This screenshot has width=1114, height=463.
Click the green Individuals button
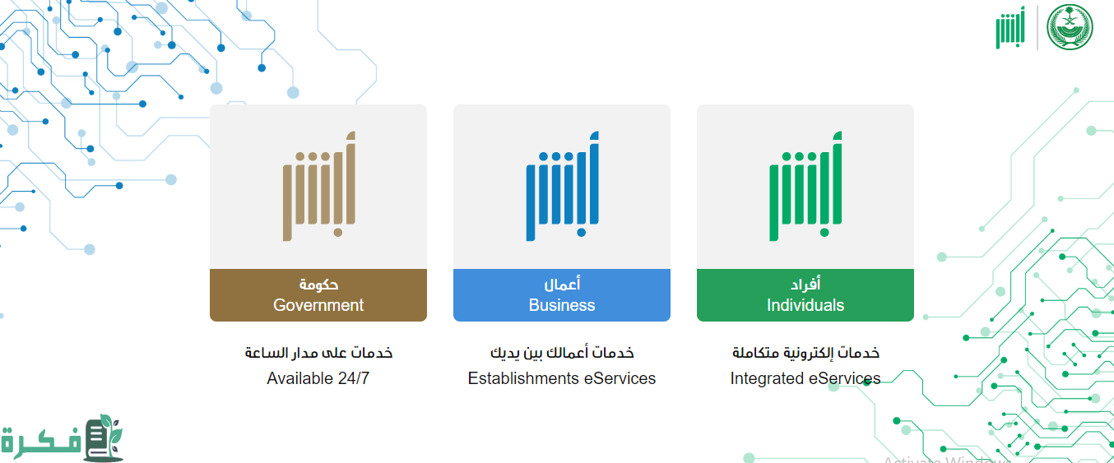[805, 295]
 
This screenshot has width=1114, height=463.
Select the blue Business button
[561, 295]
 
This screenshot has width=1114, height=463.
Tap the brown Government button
[318, 295]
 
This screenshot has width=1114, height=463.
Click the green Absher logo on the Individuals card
[805, 186]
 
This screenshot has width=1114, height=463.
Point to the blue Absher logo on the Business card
[563, 186]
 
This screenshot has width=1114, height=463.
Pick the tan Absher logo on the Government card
[319, 186]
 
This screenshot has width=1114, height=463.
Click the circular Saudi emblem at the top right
[1070, 27]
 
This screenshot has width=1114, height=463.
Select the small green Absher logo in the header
[1010, 28]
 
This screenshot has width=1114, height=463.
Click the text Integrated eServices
[805, 378]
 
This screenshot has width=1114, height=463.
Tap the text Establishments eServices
[561, 378]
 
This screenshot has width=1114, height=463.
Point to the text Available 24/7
[318, 378]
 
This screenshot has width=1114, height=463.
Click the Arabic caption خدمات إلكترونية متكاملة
[805, 353]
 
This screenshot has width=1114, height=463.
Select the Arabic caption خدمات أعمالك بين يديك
[562, 353]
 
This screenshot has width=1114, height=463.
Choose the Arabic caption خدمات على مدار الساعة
[318, 353]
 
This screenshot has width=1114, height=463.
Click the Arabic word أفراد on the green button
[805, 284]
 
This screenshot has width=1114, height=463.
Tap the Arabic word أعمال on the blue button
[562, 284]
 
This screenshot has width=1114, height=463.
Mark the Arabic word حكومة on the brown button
[318, 285]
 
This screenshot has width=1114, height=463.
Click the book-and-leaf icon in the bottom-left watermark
[104, 438]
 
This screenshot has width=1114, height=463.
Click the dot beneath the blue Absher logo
[581, 232]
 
